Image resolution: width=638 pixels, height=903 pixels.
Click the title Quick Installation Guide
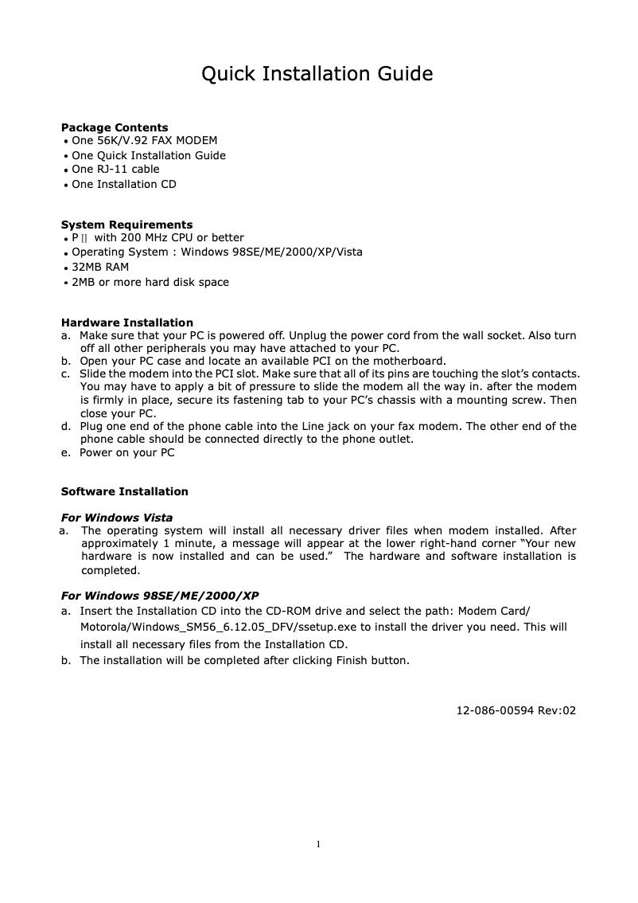click(x=317, y=75)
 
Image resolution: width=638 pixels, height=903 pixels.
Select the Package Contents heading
click(x=115, y=127)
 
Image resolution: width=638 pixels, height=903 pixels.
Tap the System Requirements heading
click(x=126, y=225)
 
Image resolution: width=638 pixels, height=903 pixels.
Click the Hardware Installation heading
click(x=127, y=322)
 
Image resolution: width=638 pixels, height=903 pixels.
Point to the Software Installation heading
click(x=125, y=491)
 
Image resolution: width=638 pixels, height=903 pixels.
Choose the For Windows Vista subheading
click(x=117, y=518)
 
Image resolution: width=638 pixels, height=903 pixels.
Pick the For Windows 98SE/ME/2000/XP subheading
click(x=160, y=596)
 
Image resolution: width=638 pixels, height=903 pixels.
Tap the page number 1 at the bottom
click(x=318, y=844)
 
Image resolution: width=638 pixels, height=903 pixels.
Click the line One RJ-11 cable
click(x=115, y=170)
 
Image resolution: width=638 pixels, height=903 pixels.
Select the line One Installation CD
click(x=124, y=185)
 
